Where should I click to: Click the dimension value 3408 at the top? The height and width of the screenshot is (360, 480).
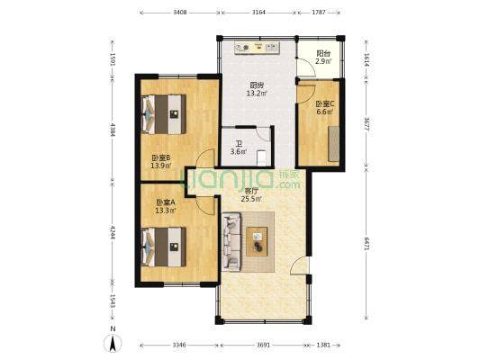pyautogui.click(x=180, y=13)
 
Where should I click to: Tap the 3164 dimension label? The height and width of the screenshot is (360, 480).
pyautogui.click(x=258, y=13)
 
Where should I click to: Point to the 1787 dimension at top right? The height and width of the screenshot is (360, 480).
pyautogui.click(x=319, y=13)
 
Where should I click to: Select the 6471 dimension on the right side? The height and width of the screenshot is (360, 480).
pyautogui.click(x=367, y=244)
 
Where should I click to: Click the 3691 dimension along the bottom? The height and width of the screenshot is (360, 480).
pyautogui.click(x=263, y=345)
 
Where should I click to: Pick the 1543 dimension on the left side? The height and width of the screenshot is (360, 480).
pyautogui.click(x=113, y=301)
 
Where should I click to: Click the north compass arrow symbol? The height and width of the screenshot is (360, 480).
pyautogui.click(x=113, y=343)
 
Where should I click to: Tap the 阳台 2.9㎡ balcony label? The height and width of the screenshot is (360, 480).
pyautogui.click(x=323, y=58)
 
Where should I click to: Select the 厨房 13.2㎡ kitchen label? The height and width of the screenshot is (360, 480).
pyautogui.click(x=257, y=89)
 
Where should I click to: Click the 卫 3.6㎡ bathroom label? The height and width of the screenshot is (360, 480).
pyautogui.click(x=239, y=148)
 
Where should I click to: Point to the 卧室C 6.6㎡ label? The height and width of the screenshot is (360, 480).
pyautogui.click(x=325, y=108)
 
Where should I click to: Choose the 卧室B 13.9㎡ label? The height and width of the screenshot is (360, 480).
pyautogui.click(x=160, y=162)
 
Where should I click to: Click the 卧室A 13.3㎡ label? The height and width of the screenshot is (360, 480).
pyautogui.click(x=166, y=206)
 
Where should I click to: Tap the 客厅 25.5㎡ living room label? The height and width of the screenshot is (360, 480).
pyautogui.click(x=251, y=195)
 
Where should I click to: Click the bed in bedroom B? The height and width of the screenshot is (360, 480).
pyautogui.click(x=164, y=114)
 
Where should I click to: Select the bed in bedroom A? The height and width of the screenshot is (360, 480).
pyautogui.click(x=164, y=247)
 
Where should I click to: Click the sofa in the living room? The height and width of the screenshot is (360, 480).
pyautogui.click(x=231, y=242)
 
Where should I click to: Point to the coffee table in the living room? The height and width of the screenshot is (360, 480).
pyautogui.click(x=257, y=241)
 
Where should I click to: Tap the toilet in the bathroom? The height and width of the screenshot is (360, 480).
pyautogui.click(x=262, y=157)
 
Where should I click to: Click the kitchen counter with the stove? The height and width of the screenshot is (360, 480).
pyautogui.click(x=258, y=48)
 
